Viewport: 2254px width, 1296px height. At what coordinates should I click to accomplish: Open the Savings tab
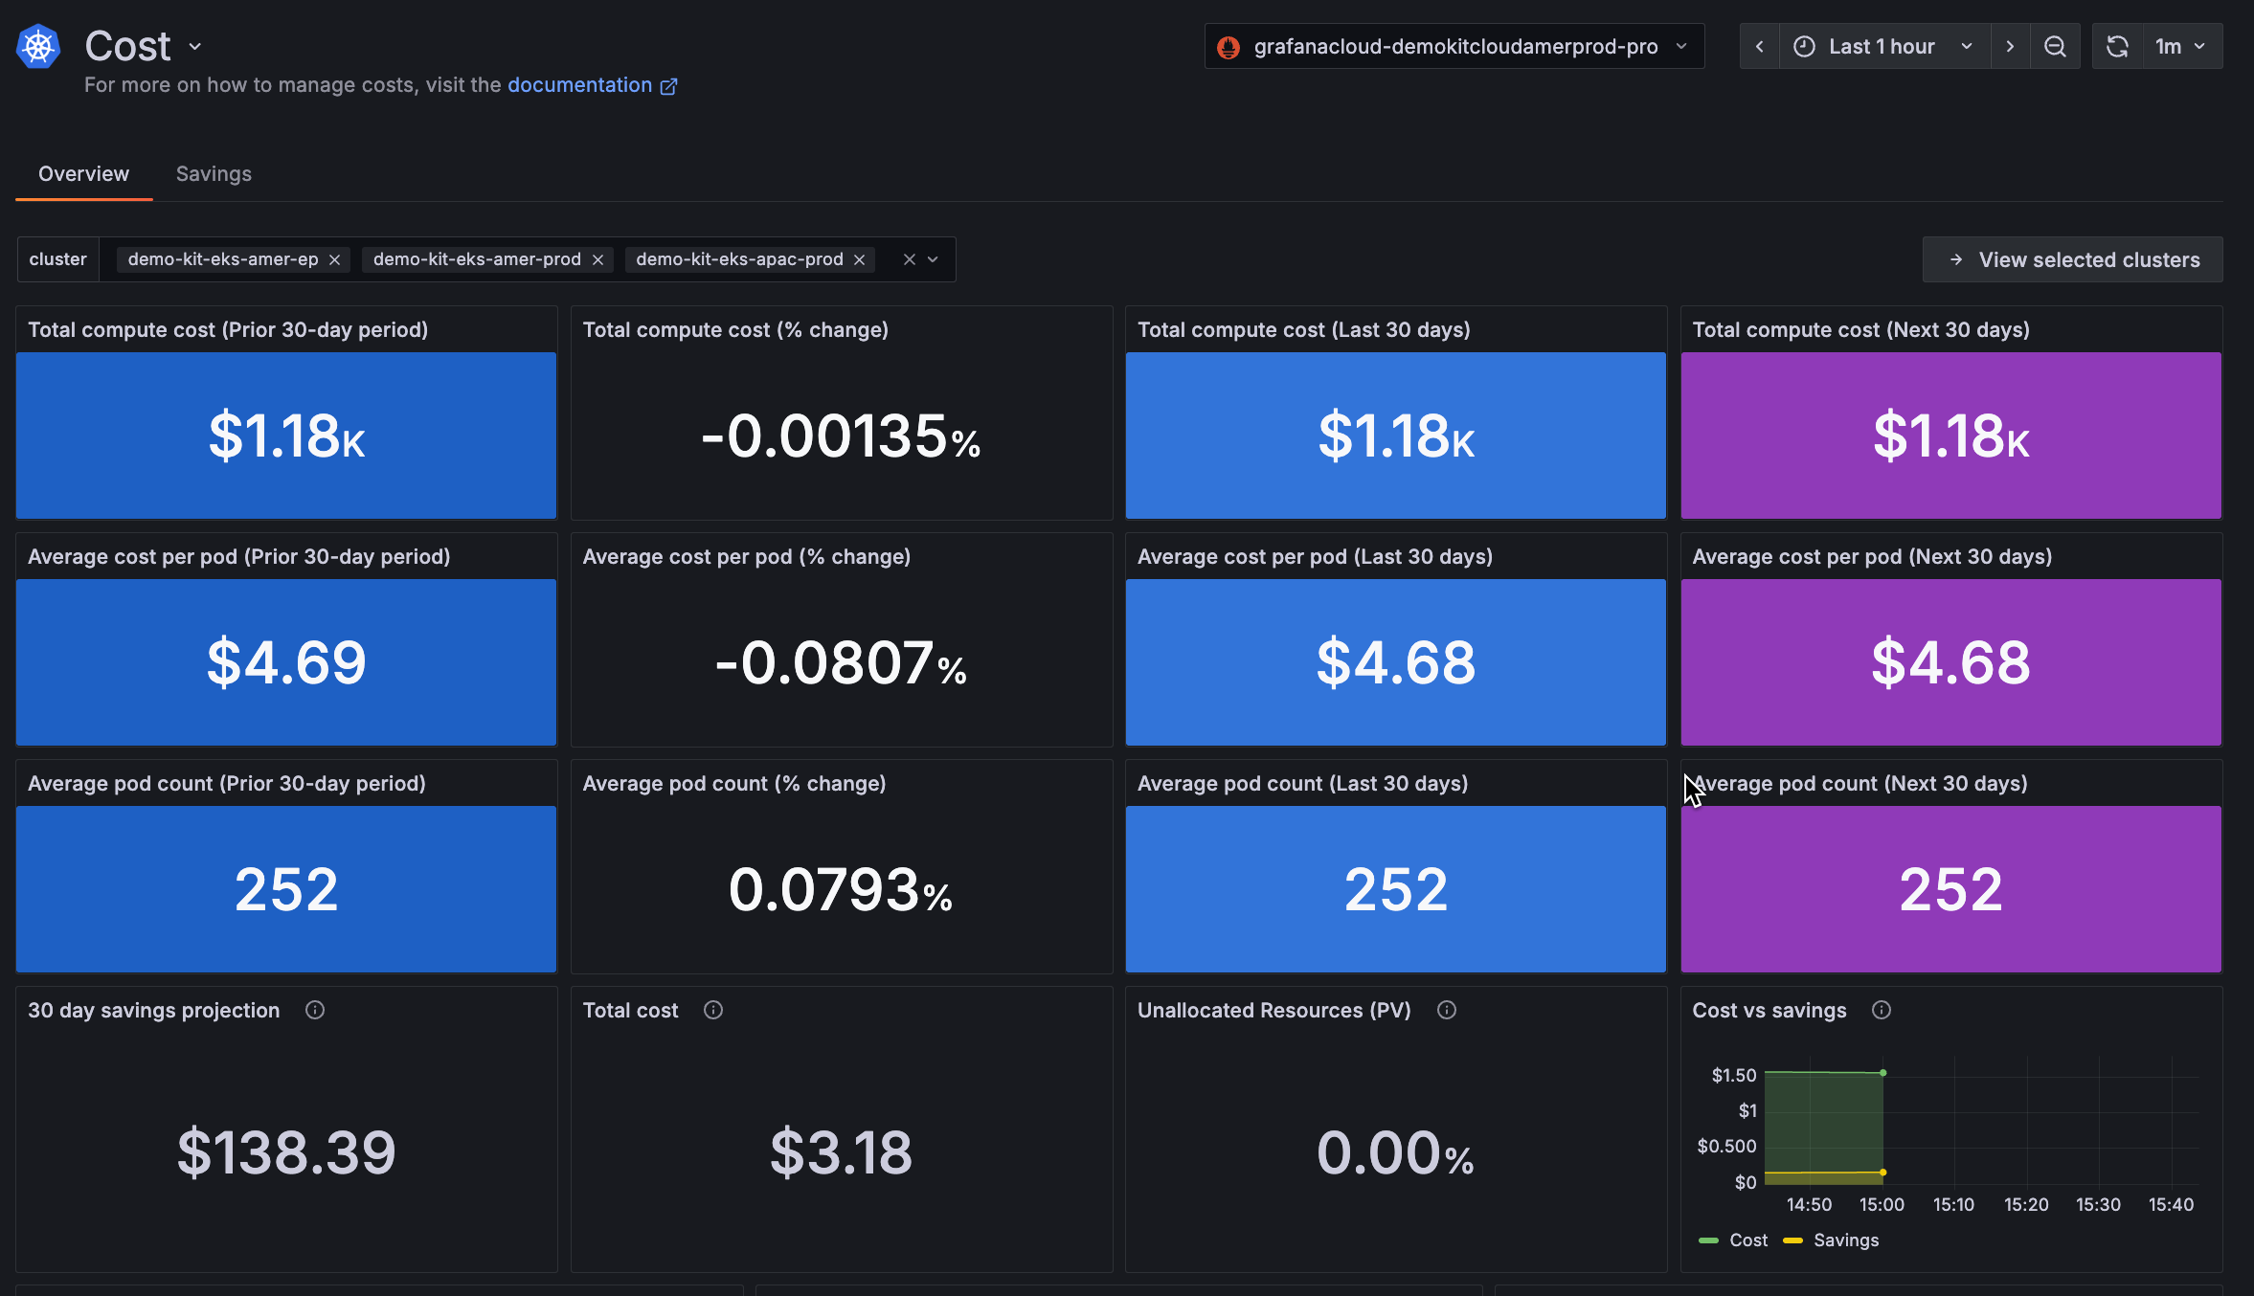tap(214, 174)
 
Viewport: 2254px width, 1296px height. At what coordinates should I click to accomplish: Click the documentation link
tap(579, 85)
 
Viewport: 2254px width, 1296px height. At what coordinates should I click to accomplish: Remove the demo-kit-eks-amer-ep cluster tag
tap(334, 260)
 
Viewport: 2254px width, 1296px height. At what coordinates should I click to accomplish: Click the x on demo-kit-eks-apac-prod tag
tap(859, 260)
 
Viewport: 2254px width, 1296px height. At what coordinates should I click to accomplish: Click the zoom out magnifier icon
tap(2055, 47)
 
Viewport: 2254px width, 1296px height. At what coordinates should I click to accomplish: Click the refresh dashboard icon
tap(2117, 47)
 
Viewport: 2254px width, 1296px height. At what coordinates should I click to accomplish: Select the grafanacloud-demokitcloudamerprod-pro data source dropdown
tap(1454, 47)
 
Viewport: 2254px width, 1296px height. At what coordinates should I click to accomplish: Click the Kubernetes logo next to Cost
tap(38, 47)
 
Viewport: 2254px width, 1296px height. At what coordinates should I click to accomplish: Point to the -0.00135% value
tap(841, 436)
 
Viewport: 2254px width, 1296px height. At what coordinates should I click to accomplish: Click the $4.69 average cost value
tap(286, 662)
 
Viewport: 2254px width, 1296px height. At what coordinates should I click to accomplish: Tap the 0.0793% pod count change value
tap(841, 890)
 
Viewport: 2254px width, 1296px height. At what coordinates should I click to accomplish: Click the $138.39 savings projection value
tap(286, 1152)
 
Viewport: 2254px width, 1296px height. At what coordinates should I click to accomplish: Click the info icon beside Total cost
tap(713, 1011)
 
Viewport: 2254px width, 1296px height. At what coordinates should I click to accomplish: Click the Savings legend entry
tap(1845, 1240)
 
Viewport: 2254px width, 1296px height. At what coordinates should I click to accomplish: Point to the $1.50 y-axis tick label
tap(1733, 1076)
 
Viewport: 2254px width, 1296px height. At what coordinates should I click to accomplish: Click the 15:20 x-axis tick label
tap(2026, 1205)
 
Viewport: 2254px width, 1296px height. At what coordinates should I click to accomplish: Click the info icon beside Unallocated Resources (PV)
tap(1447, 1011)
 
